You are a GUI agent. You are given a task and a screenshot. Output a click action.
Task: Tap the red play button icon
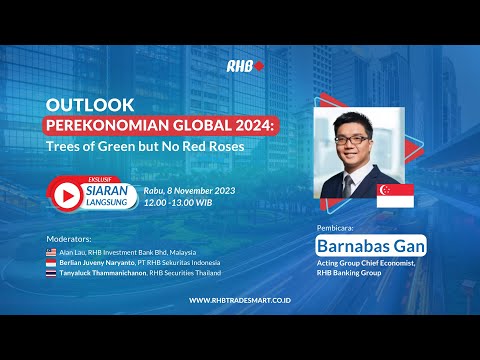pos(65,196)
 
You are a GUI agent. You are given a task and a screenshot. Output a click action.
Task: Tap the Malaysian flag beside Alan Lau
pos(52,252)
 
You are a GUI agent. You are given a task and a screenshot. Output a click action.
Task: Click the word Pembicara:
pos(332,228)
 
